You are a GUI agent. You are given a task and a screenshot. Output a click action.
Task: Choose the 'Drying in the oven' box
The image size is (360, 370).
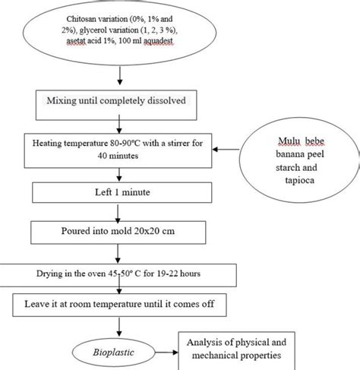coord(114,272)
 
